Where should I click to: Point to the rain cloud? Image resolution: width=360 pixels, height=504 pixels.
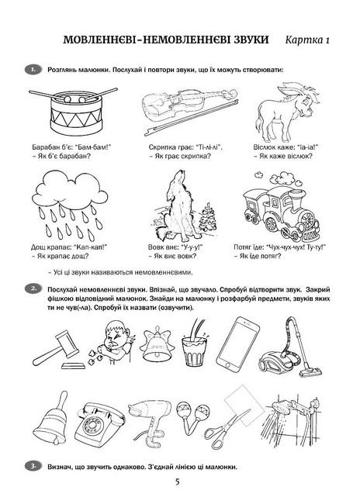[70, 205]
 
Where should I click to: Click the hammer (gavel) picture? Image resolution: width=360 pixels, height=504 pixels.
[58, 349]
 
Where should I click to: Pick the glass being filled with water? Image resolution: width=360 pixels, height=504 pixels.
[196, 344]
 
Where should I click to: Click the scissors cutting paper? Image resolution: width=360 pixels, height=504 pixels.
[230, 418]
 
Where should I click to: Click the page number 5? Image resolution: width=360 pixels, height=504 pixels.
[177, 482]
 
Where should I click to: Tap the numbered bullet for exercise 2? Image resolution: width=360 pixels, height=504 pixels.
[33, 289]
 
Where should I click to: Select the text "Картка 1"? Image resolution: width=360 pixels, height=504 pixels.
[307, 40]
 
